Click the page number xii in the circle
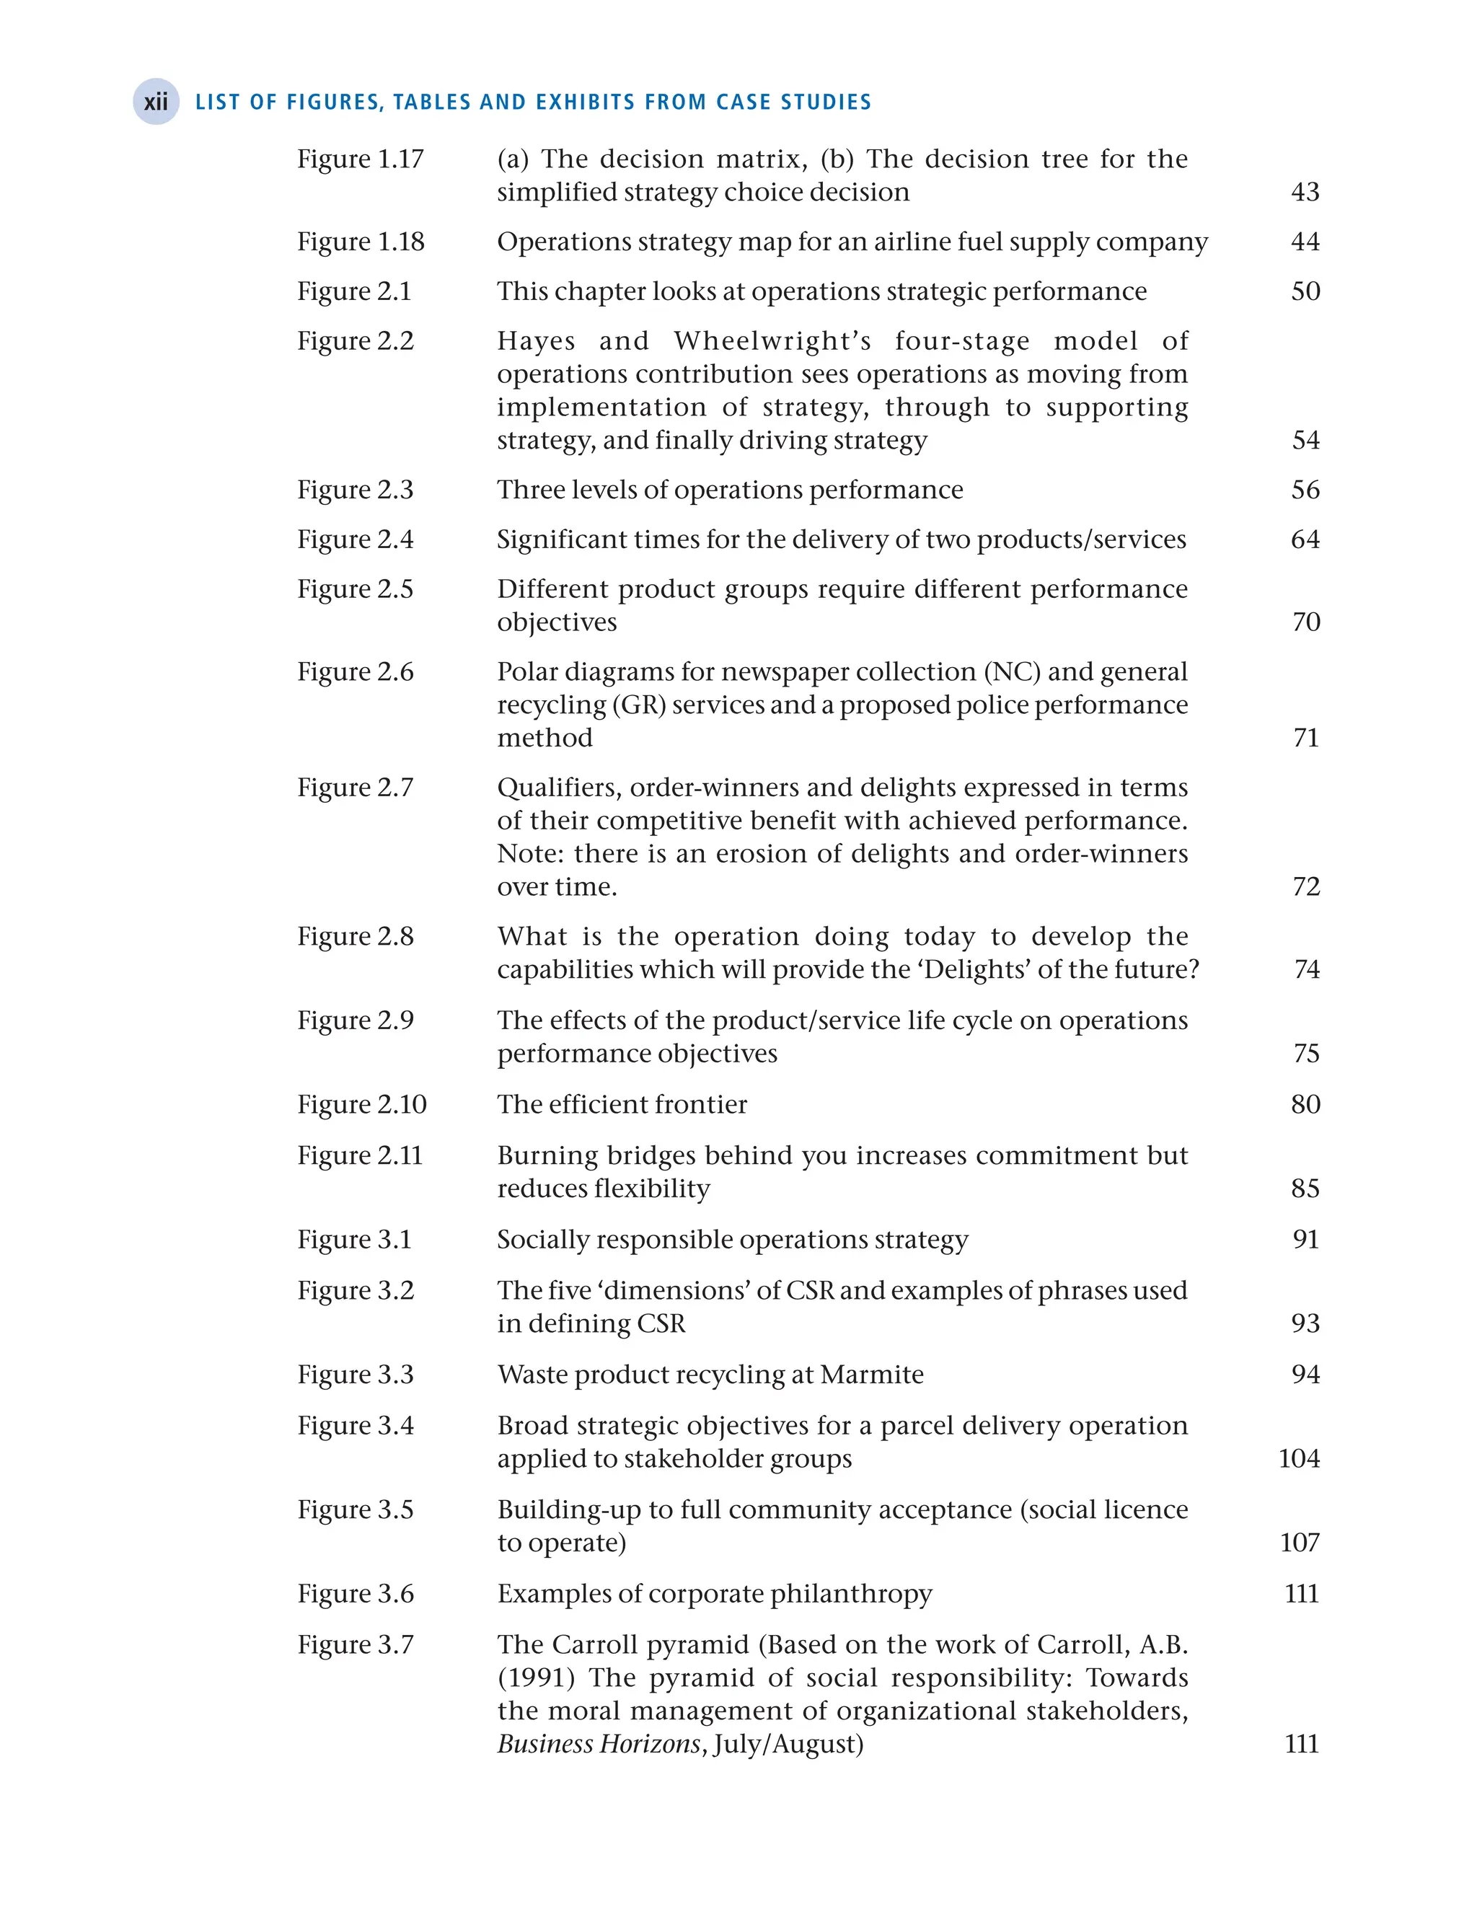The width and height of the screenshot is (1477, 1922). pyautogui.click(x=156, y=102)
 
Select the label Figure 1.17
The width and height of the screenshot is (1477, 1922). pyautogui.click(x=360, y=159)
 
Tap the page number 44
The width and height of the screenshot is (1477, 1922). pyautogui.click(x=1305, y=242)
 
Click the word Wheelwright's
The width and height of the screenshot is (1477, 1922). pyautogui.click(x=775, y=341)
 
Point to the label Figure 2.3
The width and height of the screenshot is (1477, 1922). pyautogui.click(x=354, y=490)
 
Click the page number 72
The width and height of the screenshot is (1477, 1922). pyautogui.click(x=1305, y=886)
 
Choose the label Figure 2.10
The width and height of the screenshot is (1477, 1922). pyautogui.click(x=361, y=1104)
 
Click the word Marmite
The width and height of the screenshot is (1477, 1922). pyautogui.click(x=871, y=1374)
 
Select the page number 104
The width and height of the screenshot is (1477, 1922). pyautogui.click(x=1299, y=1459)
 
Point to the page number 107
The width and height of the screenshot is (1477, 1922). pyautogui.click(x=1300, y=1542)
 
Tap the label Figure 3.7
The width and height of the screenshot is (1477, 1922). pyautogui.click(x=354, y=1644)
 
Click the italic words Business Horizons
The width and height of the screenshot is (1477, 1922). pyautogui.click(x=599, y=1745)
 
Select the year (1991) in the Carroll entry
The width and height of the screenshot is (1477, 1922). pyautogui.click(x=535, y=1678)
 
